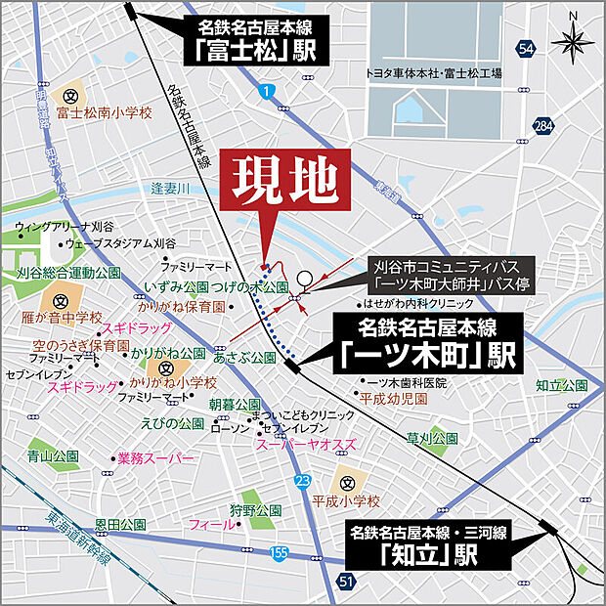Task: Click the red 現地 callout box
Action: click(x=287, y=181)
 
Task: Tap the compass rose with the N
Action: click(x=572, y=40)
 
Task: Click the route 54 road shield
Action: click(x=527, y=49)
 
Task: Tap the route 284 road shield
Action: click(x=543, y=126)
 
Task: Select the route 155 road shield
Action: click(x=279, y=554)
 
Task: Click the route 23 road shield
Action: click(x=303, y=480)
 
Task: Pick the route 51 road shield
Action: click(x=347, y=582)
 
